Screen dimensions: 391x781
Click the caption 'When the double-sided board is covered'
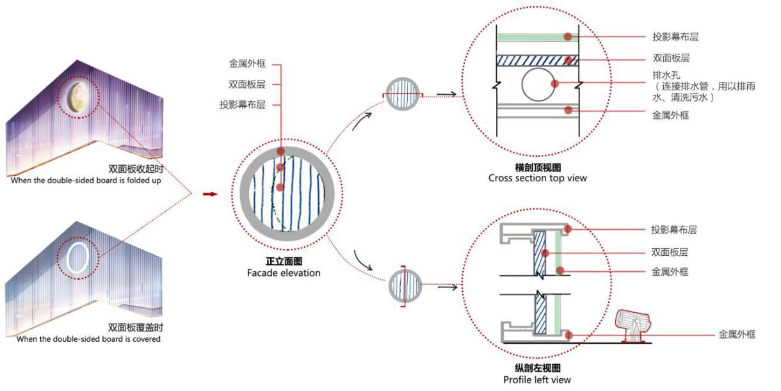pyautogui.click(x=88, y=339)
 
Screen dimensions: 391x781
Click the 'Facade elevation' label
pyautogui.click(x=284, y=273)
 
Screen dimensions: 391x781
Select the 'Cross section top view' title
pyautogui.click(x=537, y=178)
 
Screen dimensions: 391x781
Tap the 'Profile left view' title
pyautogui.click(x=537, y=379)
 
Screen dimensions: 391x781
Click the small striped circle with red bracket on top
pyautogui.click(x=403, y=94)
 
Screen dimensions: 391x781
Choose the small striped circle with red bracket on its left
pyautogui.click(x=406, y=287)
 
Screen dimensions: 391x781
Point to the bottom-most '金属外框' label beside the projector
pyautogui.click(x=737, y=334)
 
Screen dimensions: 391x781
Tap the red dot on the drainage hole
pyautogui.click(x=556, y=84)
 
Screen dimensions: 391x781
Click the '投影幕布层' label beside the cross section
pyautogui.click(x=671, y=37)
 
